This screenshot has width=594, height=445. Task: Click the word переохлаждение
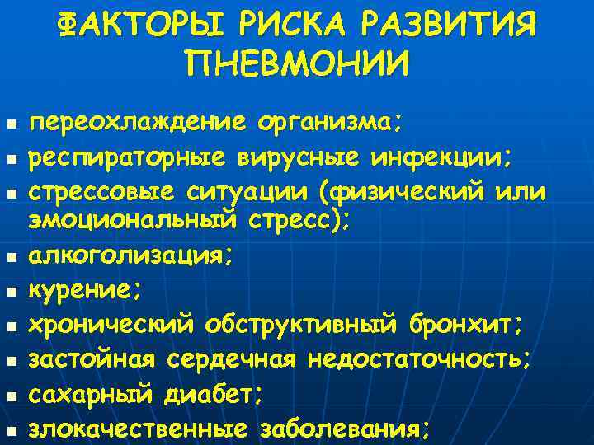(138, 124)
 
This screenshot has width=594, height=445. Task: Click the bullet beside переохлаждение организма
(10, 125)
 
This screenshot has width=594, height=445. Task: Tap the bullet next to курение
(10, 290)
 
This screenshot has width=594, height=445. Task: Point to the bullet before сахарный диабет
(10, 396)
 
